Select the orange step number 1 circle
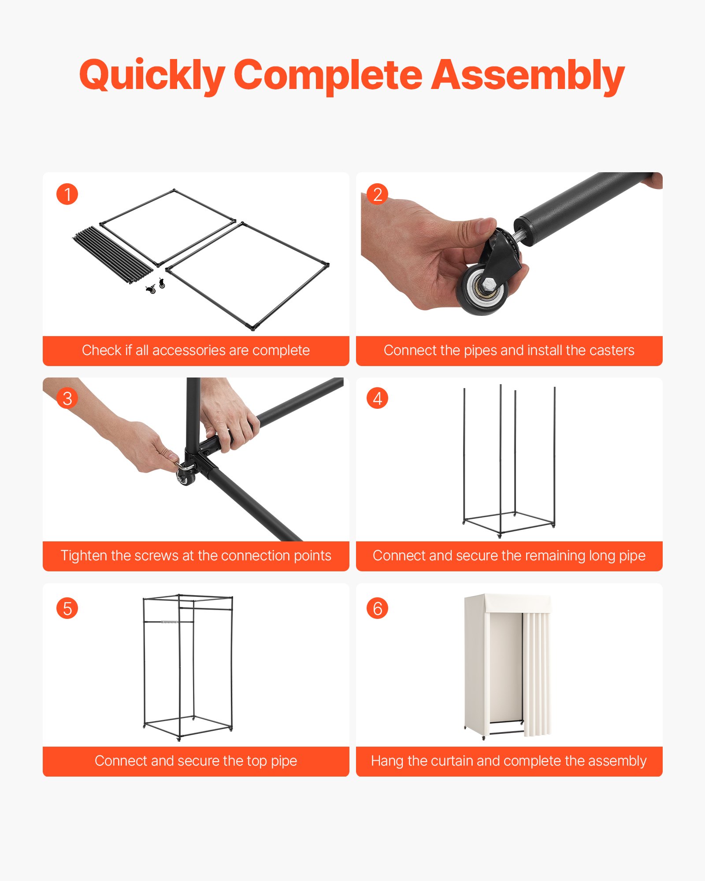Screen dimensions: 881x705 coord(67,194)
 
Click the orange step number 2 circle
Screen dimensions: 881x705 coord(377,194)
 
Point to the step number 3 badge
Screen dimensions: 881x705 coord(67,398)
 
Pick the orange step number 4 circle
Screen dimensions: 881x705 coord(377,398)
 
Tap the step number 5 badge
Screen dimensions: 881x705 coord(67,608)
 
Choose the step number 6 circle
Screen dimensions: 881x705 coord(377,608)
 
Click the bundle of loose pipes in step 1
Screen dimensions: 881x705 coord(112,255)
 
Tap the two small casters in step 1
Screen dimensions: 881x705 coord(156,286)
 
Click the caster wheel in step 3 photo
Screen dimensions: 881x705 coord(185,478)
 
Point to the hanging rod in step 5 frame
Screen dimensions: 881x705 coord(169,622)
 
